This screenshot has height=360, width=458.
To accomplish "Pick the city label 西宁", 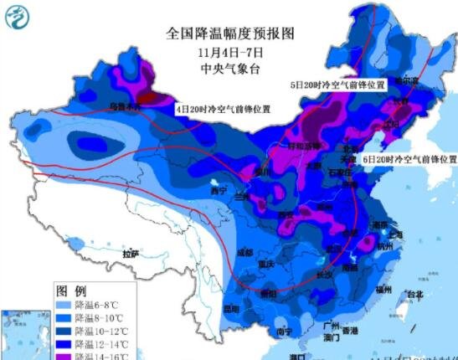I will coord(219,191).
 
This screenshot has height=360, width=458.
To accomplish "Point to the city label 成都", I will coord(244,251).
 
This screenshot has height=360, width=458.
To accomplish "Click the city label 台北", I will coord(414,295).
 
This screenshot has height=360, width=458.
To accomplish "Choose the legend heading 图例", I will coord(67,291).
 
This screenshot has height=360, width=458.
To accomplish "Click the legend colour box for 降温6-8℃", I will coord(65,306).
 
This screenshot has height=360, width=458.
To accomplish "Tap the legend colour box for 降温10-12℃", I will coord(65,332).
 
